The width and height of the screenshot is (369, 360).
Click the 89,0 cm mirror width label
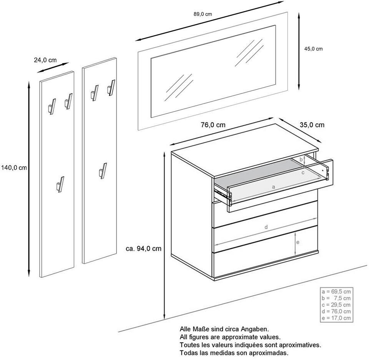pos(203,14)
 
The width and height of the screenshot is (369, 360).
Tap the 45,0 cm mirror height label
pos(313,49)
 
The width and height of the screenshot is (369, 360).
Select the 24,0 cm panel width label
pos(45,60)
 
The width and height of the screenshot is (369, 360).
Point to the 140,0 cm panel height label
pos(13,168)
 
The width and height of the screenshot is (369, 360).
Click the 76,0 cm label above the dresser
pos(213,125)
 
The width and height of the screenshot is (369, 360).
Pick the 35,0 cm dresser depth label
pos(312,125)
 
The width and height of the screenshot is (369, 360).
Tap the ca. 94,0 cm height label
pos(143,248)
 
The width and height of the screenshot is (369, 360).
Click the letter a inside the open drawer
pos(273,187)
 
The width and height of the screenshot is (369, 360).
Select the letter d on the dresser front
pos(266,227)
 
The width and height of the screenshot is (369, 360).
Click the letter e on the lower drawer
pos(298,242)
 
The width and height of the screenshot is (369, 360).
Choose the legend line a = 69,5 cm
pos(336,291)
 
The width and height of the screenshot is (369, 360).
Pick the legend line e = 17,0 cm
pos(336,318)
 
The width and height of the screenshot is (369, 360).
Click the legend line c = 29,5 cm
pos(336,305)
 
